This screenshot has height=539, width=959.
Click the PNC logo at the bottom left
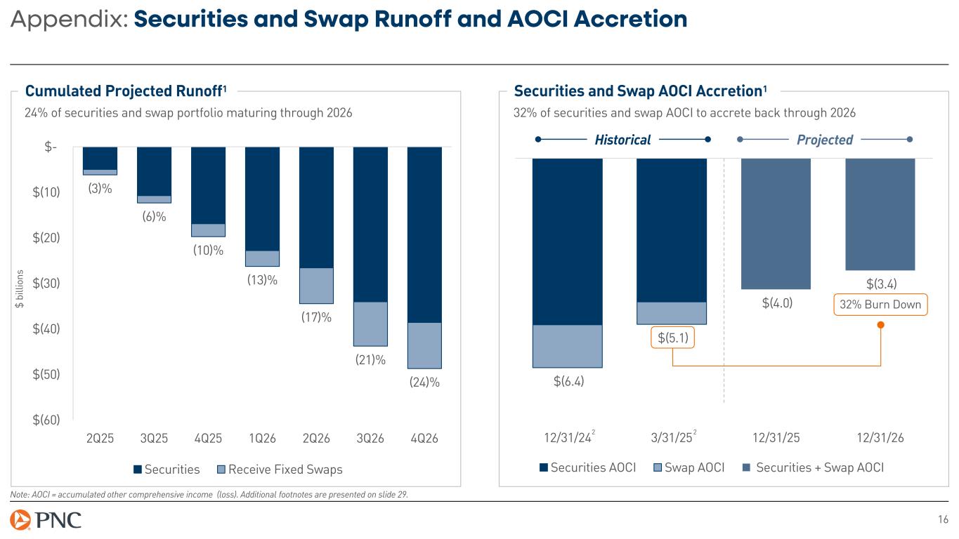pos(46,521)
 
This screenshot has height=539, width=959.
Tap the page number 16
pos(943,520)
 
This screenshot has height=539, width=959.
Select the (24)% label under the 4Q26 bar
pos(424,382)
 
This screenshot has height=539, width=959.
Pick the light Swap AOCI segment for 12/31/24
pos(568,346)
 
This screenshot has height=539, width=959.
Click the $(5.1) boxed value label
pos(672,338)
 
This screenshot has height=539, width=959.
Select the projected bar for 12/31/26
pos(880,214)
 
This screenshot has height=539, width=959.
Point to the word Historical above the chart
pos(622,140)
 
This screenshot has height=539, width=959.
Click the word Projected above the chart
pos(825,140)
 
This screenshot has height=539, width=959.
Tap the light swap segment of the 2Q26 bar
pos(316,286)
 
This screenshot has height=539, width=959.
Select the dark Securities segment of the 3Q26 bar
pos(370,225)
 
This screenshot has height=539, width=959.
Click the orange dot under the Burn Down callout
pos(880,325)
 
